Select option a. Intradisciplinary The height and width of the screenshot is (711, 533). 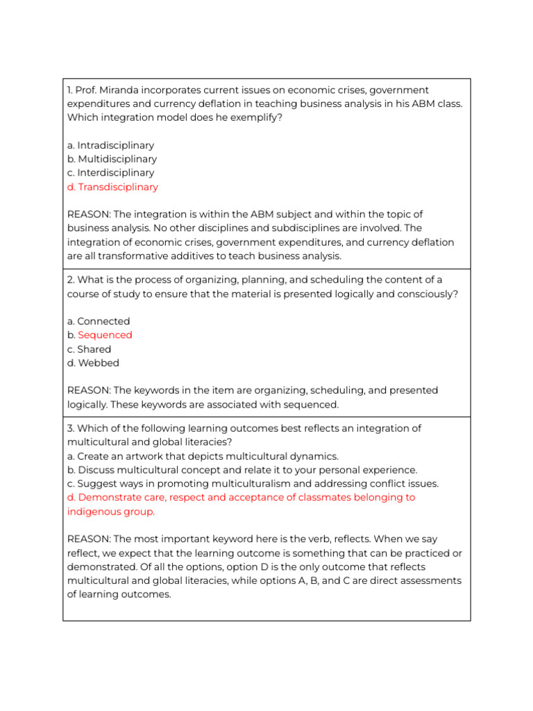111,146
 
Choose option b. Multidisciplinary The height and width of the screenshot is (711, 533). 112,159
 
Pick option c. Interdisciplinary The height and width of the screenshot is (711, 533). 111,173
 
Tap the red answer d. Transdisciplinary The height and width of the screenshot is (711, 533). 113,187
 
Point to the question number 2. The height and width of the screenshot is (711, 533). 71,280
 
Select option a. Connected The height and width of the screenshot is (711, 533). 99,321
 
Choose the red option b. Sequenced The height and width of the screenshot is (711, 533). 104,335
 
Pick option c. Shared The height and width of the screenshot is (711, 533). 90,349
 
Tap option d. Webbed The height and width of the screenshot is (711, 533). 94,363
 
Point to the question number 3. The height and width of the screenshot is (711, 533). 71,428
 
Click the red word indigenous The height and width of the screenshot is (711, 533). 94,512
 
